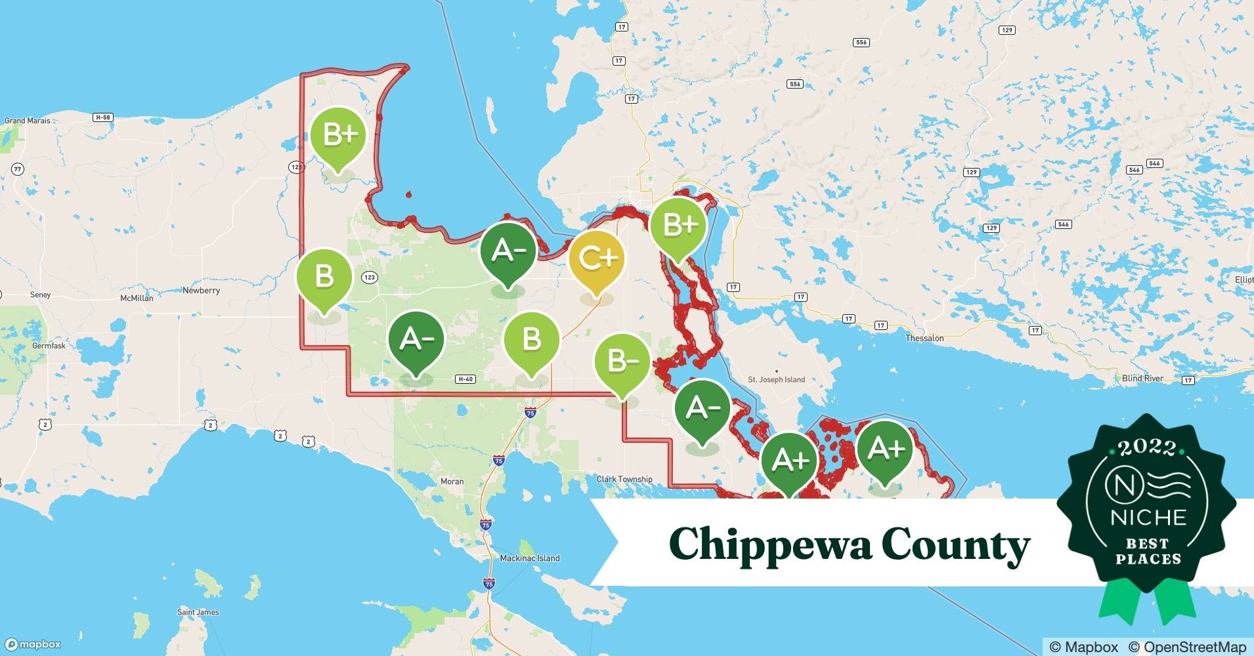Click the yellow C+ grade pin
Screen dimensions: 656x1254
click(596, 260)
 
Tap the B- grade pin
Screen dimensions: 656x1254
click(622, 361)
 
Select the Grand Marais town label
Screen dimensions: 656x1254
click(28, 121)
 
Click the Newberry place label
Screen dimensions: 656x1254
click(201, 291)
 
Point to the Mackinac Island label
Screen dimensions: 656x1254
click(530, 558)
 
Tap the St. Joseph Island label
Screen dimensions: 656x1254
click(776, 379)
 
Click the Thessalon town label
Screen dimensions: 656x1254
click(924, 338)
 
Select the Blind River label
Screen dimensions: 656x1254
click(1142, 379)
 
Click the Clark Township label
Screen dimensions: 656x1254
click(624, 480)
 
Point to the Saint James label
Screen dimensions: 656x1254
click(198, 612)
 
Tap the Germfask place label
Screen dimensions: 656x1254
click(49, 346)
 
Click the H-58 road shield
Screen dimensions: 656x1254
click(102, 117)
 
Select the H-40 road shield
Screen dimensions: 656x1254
click(465, 379)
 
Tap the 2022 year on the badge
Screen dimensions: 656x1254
click(1147, 447)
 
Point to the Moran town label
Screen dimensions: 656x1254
click(452, 482)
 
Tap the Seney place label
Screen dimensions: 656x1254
click(40, 295)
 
